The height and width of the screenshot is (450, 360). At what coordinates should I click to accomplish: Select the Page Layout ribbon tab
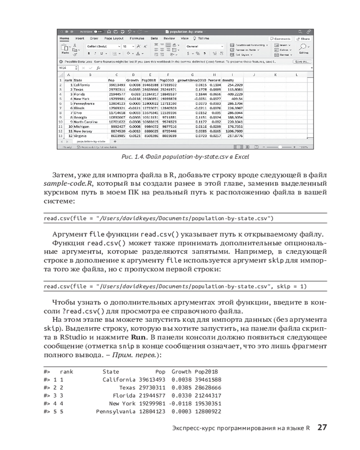115,39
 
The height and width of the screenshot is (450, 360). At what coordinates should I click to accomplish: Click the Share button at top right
306,39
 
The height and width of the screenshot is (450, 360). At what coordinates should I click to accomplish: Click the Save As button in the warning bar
301,61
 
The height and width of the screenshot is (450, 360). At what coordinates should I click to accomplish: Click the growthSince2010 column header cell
192,80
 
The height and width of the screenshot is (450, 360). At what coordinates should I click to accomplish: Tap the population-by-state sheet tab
90,141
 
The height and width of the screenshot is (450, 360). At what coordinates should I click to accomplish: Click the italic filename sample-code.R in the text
63,184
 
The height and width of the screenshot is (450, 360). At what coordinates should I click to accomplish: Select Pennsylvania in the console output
116,412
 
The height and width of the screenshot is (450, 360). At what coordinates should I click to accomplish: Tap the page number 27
322,427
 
